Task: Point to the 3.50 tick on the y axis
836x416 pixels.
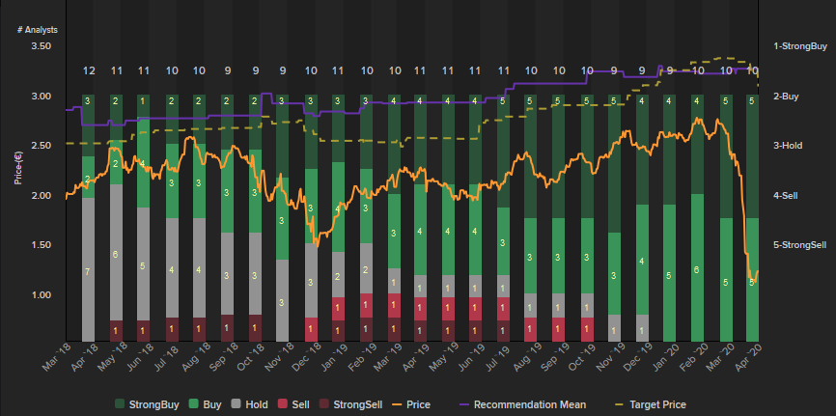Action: (x=42, y=46)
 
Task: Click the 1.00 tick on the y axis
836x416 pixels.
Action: (x=42, y=294)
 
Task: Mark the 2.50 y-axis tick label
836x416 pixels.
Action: (x=42, y=146)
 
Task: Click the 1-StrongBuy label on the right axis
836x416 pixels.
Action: (x=800, y=46)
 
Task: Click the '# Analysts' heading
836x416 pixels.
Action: (x=38, y=30)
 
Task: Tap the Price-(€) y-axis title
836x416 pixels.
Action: (x=19, y=170)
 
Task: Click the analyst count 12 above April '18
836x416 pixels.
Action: (x=88, y=70)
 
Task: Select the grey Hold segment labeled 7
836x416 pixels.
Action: (x=88, y=272)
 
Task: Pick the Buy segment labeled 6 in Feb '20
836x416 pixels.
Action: (x=697, y=269)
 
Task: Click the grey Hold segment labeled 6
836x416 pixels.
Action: (x=116, y=255)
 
